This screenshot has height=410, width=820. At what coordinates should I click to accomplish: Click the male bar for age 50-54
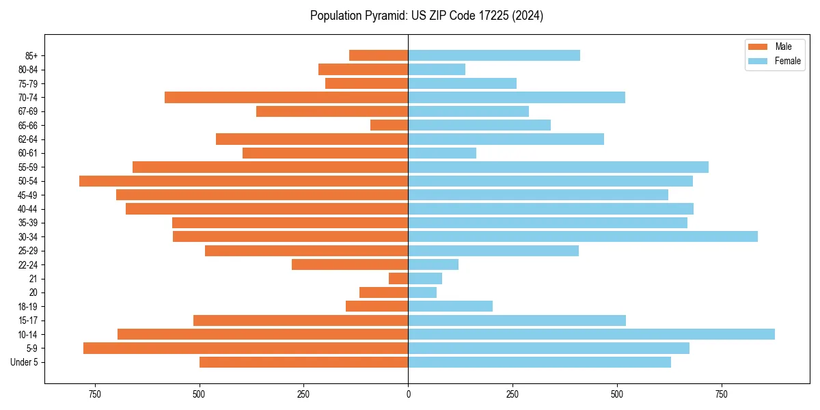click(243, 181)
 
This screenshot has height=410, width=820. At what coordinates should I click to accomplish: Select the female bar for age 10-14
click(591, 334)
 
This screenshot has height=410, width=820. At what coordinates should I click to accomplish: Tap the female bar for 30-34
click(583, 236)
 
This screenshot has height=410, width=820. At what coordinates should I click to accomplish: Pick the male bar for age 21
click(398, 279)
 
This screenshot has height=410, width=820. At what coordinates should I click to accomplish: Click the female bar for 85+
click(494, 55)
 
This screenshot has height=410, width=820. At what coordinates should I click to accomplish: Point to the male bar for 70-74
click(286, 97)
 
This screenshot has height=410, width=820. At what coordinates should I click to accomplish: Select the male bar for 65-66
click(389, 125)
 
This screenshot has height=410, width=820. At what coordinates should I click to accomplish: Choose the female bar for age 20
click(422, 292)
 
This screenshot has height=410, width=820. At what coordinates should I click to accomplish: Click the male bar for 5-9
click(245, 348)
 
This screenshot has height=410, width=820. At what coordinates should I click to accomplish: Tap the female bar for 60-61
click(442, 153)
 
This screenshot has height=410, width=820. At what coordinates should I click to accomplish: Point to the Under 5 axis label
click(25, 362)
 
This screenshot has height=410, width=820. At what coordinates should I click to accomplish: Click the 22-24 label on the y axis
click(28, 264)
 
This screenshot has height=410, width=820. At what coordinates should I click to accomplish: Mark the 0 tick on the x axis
click(408, 394)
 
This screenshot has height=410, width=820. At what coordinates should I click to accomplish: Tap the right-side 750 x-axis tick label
click(721, 394)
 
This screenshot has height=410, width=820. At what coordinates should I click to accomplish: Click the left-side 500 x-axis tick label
click(199, 394)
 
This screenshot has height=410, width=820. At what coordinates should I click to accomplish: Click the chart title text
click(426, 16)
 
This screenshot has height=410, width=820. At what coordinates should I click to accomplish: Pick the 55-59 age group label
click(28, 167)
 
